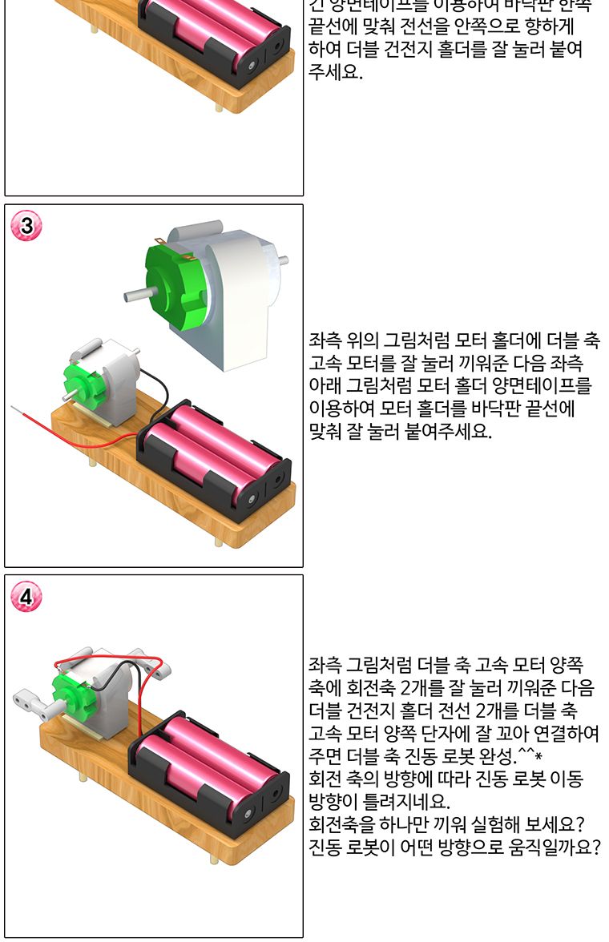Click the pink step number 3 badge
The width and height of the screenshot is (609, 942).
pos(27,227)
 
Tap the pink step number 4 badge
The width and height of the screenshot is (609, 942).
pos(27,597)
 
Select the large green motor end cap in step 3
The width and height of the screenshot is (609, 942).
pos(175,280)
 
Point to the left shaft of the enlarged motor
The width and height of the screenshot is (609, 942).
pos(136,296)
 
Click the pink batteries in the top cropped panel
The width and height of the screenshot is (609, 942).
pos(216,32)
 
